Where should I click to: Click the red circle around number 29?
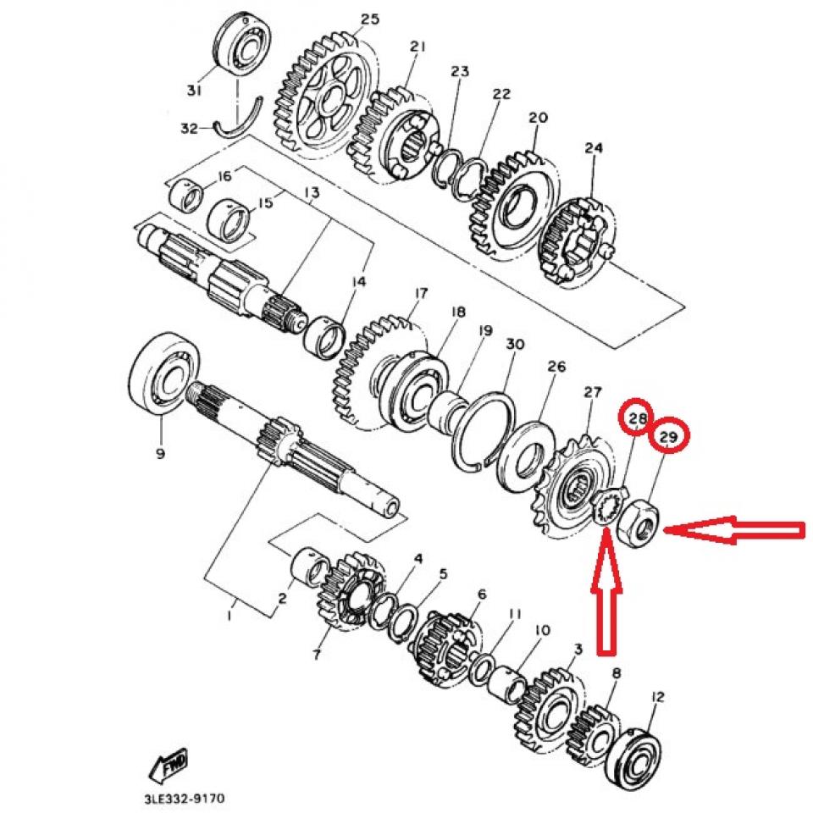(x=668, y=436)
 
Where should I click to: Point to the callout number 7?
(x=317, y=655)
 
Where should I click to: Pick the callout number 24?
(x=593, y=148)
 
